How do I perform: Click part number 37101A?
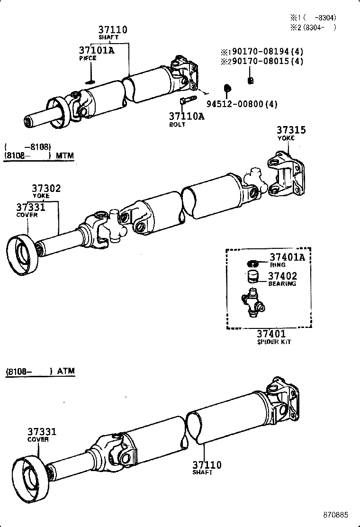click(x=97, y=50)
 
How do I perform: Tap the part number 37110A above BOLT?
click(x=187, y=116)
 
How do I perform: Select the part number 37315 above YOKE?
click(x=291, y=130)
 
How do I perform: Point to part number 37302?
click(x=46, y=188)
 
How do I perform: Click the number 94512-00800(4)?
click(x=242, y=104)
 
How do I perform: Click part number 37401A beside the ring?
click(x=288, y=257)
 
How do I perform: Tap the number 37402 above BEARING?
click(x=283, y=276)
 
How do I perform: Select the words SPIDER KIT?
click(x=274, y=342)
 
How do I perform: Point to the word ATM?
click(x=66, y=371)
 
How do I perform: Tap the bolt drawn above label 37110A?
click(x=187, y=100)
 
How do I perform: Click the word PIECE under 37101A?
click(x=87, y=58)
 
